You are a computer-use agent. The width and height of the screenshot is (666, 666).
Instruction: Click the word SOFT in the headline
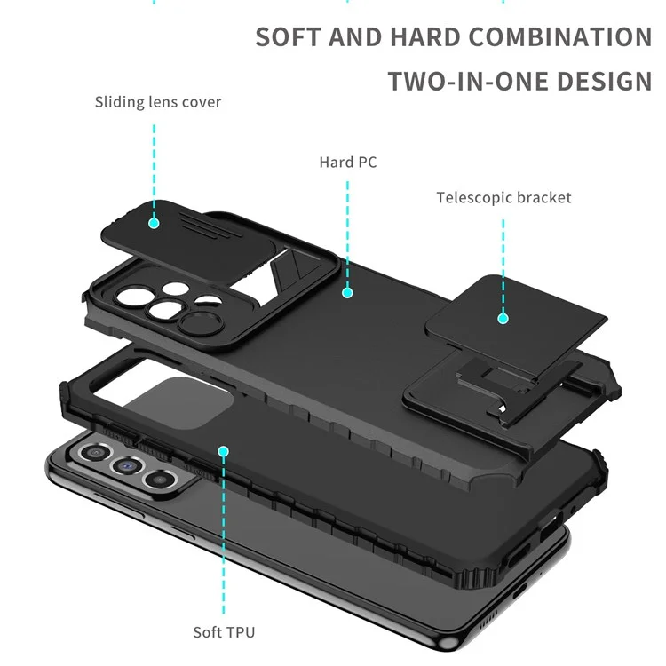click(x=286, y=37)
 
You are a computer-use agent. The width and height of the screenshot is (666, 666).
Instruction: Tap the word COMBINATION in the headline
click(x=560, y=37)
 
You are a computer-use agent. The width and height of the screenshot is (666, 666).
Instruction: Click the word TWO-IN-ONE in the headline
click(x=466, y=82)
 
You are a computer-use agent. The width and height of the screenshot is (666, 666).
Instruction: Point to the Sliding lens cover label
click(x=158, y=102)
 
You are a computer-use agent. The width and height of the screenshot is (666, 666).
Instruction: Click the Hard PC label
click(x=348, y=163)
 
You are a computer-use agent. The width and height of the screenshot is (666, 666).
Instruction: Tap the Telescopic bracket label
click(x=503, y=197)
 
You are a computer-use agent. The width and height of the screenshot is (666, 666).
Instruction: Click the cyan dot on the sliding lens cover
click(x=154, y=222)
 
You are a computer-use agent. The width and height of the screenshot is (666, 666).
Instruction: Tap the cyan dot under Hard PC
click(x=348, y=291)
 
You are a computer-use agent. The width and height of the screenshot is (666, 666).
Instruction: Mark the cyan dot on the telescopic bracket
click(x=503, y=317)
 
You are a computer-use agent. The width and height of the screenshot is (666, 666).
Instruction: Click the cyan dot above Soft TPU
click(x=224, y=452)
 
